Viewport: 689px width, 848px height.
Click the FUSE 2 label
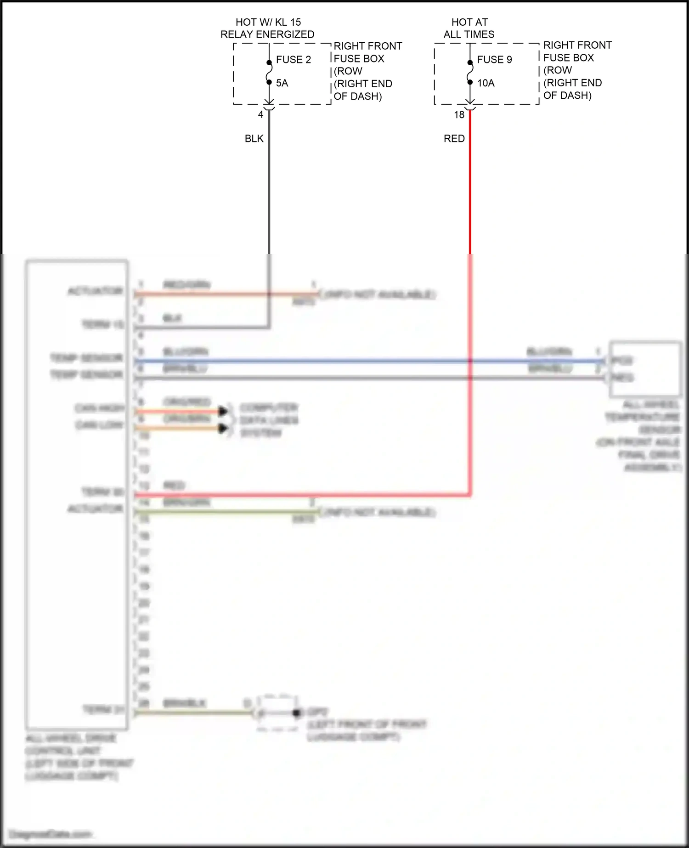click(x=293, y=60)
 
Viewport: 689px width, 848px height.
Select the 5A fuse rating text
click(x=282, y=83)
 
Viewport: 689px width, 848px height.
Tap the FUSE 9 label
click(x=494, y=60)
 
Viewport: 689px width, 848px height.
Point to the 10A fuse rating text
click(x=486, y=83)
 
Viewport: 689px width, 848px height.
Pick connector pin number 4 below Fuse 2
click(x=260, y=115)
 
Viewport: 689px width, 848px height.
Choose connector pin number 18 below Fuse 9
click(x=459, y=115)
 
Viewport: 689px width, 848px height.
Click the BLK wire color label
click(x=254, y=139)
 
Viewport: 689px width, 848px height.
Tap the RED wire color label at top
click(x=454, y=139)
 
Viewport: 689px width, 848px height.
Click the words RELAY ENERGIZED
click(x=267, y=34)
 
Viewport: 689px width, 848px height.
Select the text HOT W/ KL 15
click(x=268, y=22)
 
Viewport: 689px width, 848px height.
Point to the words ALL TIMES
click(x=469, y=34)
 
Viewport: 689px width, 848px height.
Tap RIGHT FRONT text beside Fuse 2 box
click(x=367, y=46)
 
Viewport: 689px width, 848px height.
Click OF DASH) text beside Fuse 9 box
click(x=567, y=96)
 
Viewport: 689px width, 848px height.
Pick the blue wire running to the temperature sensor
click(x=367, y=361)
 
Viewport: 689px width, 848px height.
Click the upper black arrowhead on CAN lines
click(x=223, y=411)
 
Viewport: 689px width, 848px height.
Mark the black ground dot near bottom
click(x=297, y=713)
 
